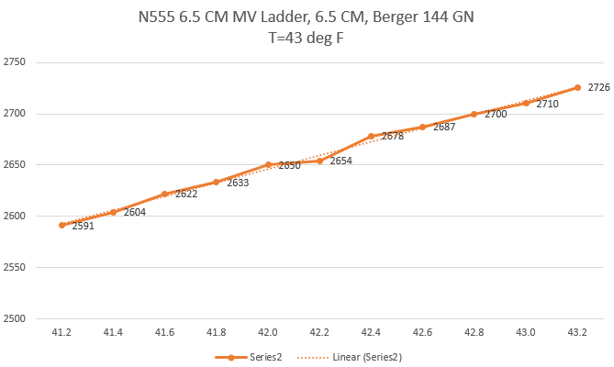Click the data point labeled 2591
[x=61, y=225]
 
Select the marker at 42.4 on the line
[x=371, y=136]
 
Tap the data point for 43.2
[x=577, y=87]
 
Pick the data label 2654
[x=341, y=161]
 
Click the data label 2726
[x=598, y=87]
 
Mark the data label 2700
[x=496, y=114]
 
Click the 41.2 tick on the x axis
[x=61, y=332]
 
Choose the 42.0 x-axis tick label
[x=268, y=332]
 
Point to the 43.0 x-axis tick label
[x=526, y=332]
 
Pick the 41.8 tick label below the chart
[x=217, y=332]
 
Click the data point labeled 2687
[x=422, y=127]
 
